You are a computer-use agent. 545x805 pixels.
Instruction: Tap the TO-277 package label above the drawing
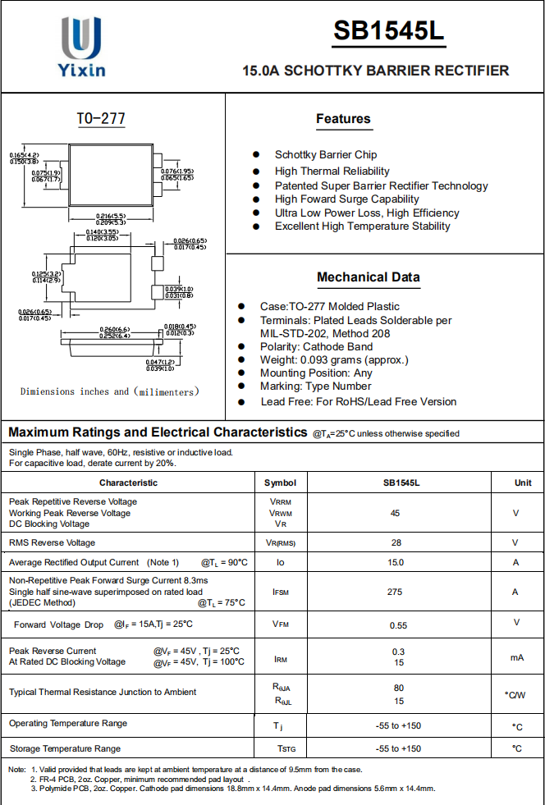point(101,119)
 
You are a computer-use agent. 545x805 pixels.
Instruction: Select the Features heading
point(343,119)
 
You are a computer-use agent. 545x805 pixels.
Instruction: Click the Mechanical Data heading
point(368,277)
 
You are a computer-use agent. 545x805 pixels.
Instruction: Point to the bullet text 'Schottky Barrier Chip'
point(326,154)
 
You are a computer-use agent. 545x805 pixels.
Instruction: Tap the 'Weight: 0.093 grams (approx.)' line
point(334,359)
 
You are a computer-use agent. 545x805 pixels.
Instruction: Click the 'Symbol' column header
point(280,483)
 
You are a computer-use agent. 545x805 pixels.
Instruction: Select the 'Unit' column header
point(523,483)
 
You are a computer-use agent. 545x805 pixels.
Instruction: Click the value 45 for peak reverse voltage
point(395,513)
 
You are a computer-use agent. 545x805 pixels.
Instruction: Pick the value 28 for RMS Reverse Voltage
point(396,542)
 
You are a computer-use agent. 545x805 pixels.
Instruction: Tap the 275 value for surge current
point(395,592)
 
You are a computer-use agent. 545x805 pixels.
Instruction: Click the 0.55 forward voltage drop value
point(398,625)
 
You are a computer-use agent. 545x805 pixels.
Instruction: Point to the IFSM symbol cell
point(280,592)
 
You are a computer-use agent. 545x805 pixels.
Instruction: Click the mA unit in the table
point(516,657)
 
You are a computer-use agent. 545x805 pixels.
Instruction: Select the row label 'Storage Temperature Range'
point(65,748)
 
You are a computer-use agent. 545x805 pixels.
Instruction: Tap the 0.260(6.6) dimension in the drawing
point(114,329)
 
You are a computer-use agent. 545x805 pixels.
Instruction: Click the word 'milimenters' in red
point(166,392)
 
